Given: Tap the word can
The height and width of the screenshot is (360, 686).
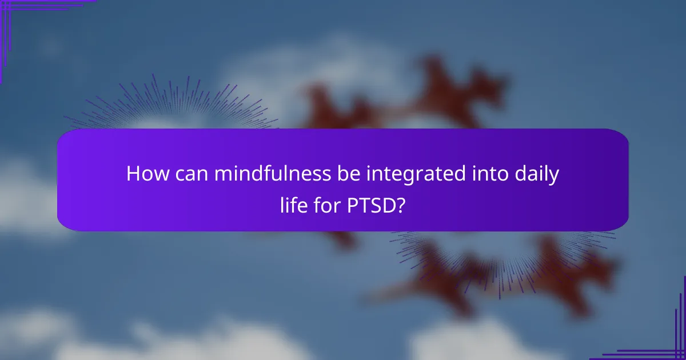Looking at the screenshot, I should pos(190,174).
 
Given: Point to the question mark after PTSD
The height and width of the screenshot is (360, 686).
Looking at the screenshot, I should pos(401,205).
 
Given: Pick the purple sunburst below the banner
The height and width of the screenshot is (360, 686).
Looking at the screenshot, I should pos(503,257).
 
